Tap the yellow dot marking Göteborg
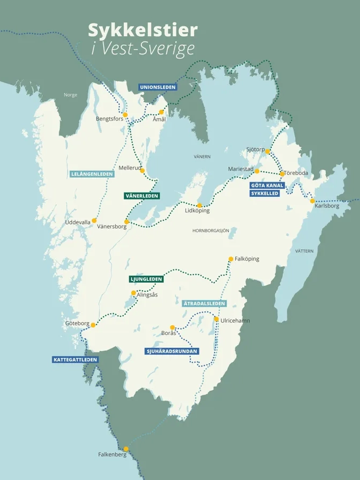click(x=93, y=325)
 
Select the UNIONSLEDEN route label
click(x=157, y=87)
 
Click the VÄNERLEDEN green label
click(x=141, y=196)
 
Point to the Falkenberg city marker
click(x=126, y=449)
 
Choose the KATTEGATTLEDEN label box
click(x=76, y=359)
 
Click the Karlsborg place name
click(x=327, y=206)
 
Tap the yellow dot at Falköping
click(x=231, y=259)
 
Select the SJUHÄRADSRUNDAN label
click(x=172, y=351)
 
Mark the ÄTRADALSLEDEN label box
click(x=204, y=303)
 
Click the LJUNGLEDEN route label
click(x=146, y=279)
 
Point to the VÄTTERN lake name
click(x=305, y=251)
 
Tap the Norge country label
click(x=70, y=95)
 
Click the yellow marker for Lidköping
click(x=199, y=205)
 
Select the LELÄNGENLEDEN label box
click(x=92, y=174)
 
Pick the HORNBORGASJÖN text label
click(x=211, y=230)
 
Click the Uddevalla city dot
click(x=94, y=220)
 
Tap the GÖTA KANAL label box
click(x=267, y=185)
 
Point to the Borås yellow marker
click(x=172, y=327)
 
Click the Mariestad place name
click(x=240, y=169)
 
